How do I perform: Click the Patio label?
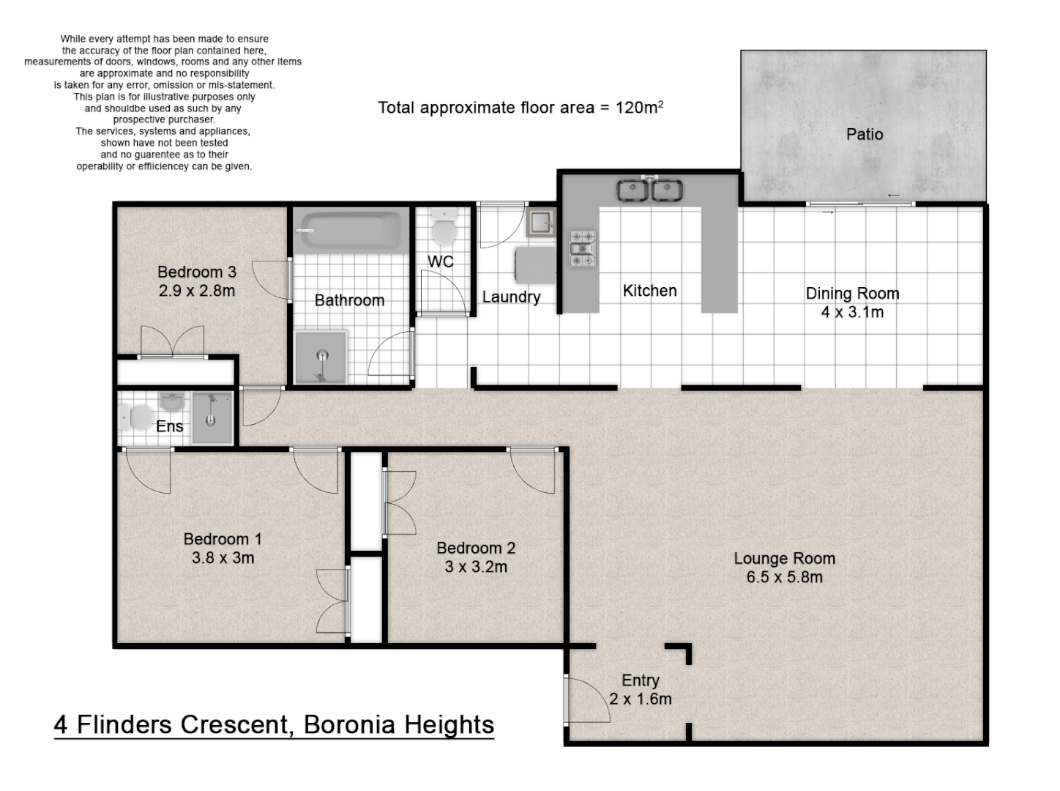pos(864,134)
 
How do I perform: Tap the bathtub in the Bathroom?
pos(351,231)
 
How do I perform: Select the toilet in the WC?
pos(444,227)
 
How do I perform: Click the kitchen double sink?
pos(649,190)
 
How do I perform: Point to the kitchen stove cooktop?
pos(583,249)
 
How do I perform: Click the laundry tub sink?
pos(541,222)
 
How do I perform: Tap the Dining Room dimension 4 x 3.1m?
pos(852,312)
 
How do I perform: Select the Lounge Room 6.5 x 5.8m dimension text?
pos(784,577)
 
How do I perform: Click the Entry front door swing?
pos(586,701)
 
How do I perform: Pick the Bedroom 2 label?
pos(476,548)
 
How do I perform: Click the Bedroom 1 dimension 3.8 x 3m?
pos(223,557)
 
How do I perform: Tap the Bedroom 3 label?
pos(196,272)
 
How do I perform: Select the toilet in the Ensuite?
pos(135,417)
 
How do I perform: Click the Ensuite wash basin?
pos(172,401)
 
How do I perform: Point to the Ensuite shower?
pos(212,417)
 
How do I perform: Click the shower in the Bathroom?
pos(321,357)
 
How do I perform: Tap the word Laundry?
pos(511,297)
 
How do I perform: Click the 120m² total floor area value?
pos(638,106)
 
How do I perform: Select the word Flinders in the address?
pos(124,725)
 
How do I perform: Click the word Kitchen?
pos(649,291)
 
